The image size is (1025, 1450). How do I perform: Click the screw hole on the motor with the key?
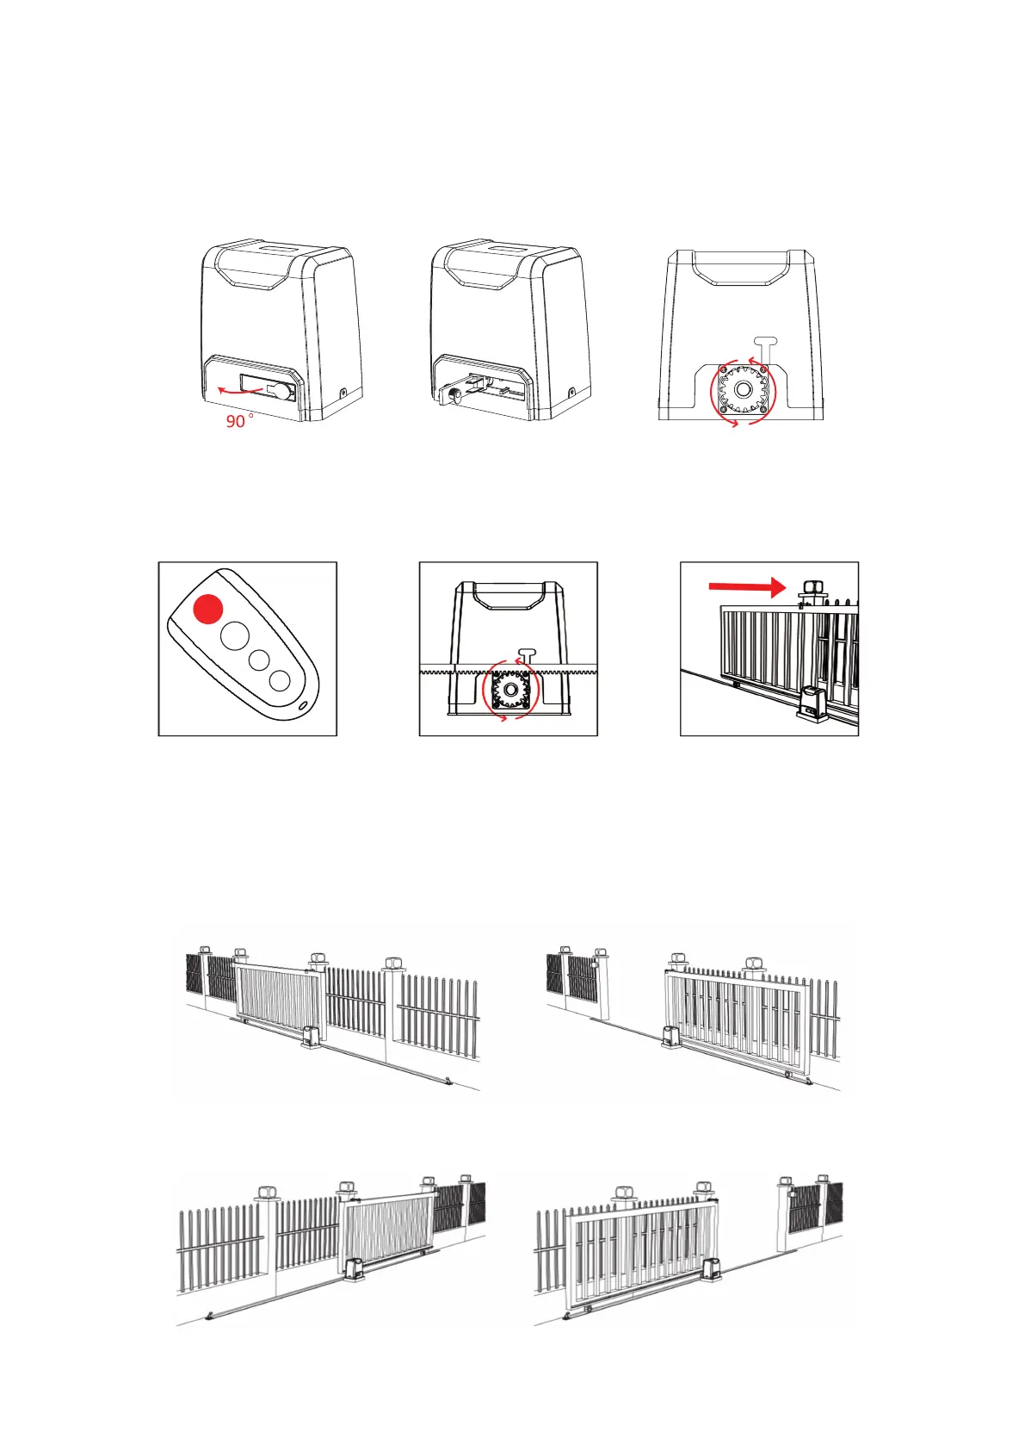(572, 393)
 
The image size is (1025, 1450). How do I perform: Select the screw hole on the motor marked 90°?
(343, 393)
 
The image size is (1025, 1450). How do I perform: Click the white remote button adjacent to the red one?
(234, 637)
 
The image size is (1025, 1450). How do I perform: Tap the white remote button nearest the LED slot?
(279, 681)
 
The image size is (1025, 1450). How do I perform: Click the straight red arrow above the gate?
(746, 587)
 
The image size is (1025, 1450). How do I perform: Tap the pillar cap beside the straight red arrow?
(812, 590)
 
